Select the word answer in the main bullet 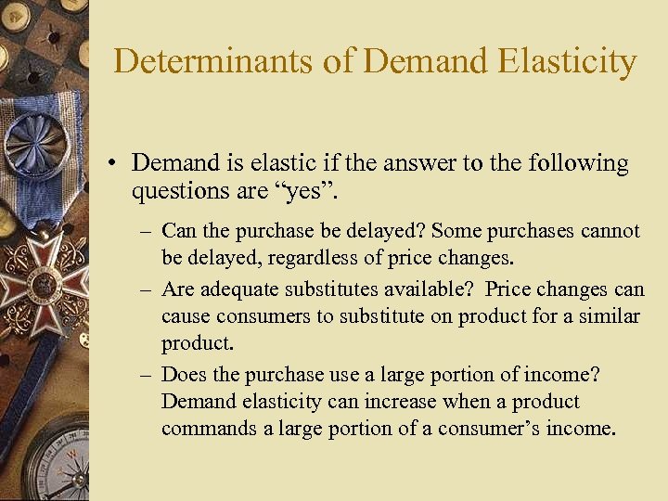point(414,164)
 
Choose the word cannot point(608,230)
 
